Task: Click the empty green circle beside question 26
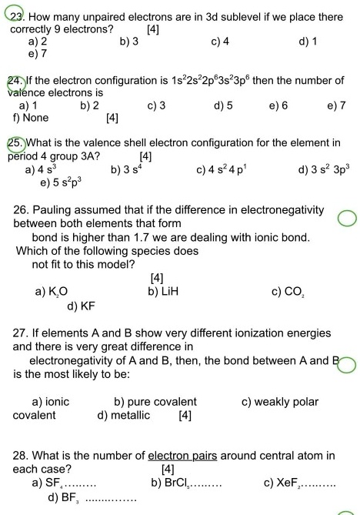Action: tap(347, 219)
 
